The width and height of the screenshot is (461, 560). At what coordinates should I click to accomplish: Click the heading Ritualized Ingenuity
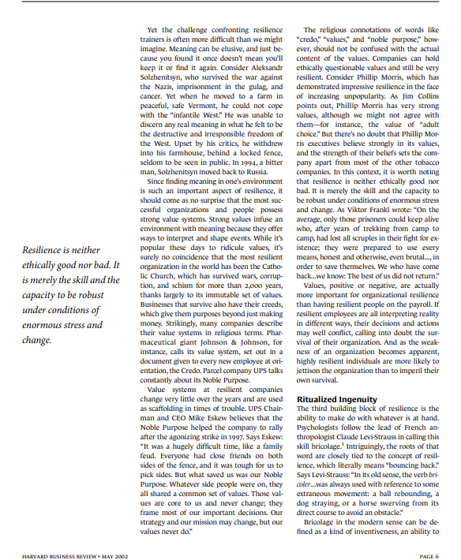point(335,399)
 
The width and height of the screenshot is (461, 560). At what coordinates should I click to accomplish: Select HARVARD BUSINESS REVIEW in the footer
point(51,534)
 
